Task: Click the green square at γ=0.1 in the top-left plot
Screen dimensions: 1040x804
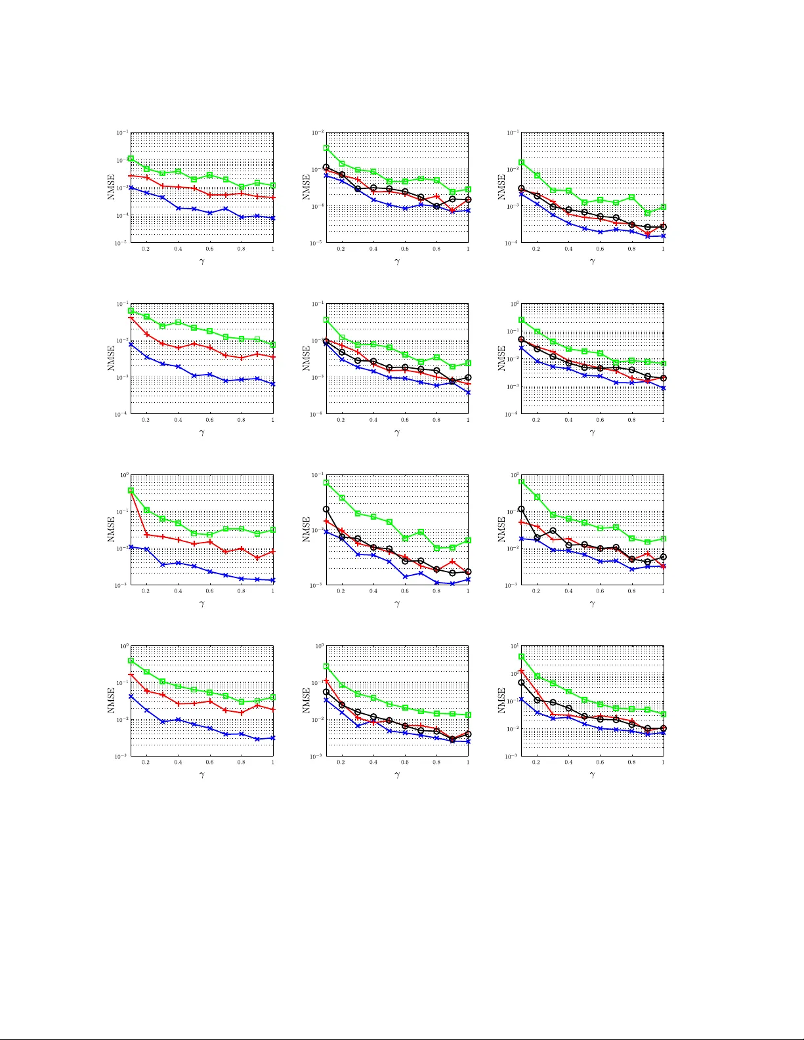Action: pos(131,158)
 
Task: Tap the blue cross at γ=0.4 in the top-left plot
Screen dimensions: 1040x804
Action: pos(178,208)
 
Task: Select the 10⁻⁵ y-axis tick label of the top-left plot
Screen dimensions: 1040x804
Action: pos(122,243)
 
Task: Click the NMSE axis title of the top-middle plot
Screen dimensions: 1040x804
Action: pos(307,187)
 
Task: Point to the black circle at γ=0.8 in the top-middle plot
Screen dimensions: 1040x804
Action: pos(436,206)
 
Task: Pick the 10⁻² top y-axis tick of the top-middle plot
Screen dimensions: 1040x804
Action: pos(317,133)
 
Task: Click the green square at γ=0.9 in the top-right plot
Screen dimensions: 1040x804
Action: pos(648,213)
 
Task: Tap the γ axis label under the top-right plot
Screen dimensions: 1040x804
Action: pos(592,262)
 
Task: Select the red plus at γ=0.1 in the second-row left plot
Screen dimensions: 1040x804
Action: pos(131,318)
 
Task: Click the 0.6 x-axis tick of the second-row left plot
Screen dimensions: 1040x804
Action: pos(209,420)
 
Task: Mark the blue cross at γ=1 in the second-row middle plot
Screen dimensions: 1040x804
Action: pos(468,392)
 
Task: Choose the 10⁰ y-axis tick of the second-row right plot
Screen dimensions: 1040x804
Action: pos(514,304)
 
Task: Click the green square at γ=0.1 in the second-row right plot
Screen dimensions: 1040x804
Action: pos(522,320)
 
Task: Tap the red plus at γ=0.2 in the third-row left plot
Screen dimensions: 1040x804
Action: pos(146,535)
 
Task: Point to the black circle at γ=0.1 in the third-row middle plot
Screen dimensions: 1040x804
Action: pos(326,509)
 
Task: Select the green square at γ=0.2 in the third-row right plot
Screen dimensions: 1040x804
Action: pos(538,497)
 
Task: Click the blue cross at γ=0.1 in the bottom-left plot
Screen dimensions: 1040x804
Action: pos(131,696)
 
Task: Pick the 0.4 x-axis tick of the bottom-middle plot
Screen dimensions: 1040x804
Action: pos(373,762)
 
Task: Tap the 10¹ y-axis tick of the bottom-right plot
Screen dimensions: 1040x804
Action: pos(514,647)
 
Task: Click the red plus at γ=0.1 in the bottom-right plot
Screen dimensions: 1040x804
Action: pos(522,671)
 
